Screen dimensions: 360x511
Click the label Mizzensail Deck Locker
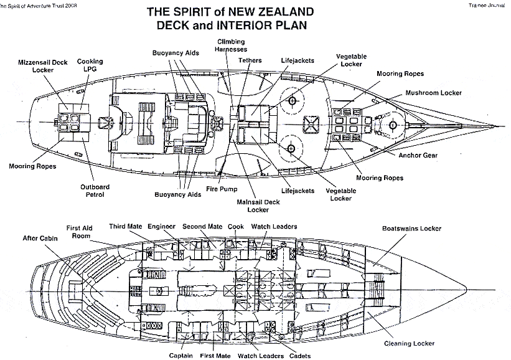coord(42,66)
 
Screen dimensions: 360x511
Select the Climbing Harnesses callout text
coord(231,45)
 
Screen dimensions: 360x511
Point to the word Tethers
coord(250,60)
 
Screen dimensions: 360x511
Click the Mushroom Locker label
coord(433,93)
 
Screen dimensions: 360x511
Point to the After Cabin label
coord(39,237)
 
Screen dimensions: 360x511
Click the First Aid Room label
coord(80,232)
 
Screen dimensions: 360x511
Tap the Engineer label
coord(162,226)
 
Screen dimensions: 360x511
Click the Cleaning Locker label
coord(409,343)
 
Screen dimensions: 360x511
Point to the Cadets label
coord(301,356)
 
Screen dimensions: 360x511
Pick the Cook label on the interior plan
coord(236,226)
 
